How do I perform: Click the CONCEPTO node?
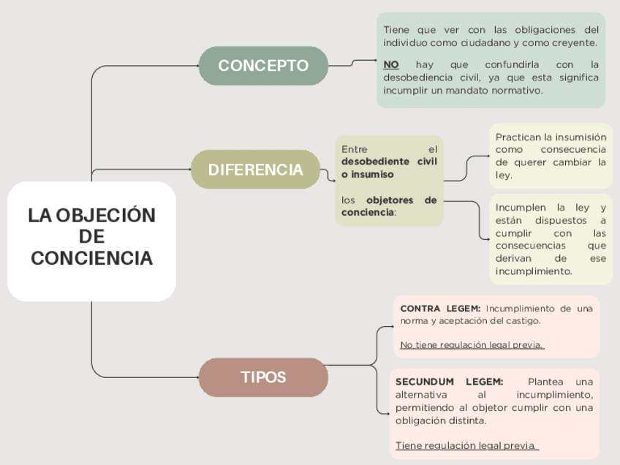(x=263, y=66)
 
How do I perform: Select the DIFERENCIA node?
(x=255, y=170)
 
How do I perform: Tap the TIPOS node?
(x=263, y=377)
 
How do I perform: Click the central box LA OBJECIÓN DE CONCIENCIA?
(x=91, y=237)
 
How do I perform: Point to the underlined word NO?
(x=391, y=64)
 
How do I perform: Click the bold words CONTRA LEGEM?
(x=440, y=309)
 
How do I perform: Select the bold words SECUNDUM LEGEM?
(x=449, y=382)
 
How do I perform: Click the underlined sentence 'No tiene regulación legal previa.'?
(x=472, y=345)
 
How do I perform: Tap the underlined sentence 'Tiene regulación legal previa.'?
(x=466, y=445)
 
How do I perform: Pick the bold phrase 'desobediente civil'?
(x=389, y=162)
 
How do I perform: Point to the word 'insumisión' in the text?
(x=580, y=137)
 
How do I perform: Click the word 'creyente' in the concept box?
(x=575, y=43)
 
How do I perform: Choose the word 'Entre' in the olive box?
(x=355, y=149)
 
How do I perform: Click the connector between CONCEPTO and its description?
(x=352, y=64)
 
